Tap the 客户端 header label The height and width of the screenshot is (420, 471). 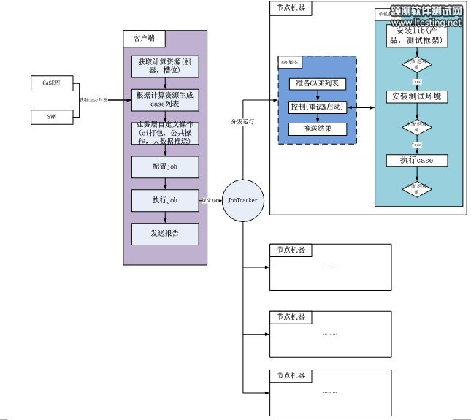click(x=134, y=38)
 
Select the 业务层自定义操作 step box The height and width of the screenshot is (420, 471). click(x=165, y=134)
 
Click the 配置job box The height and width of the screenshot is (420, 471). click(x=165, y=167)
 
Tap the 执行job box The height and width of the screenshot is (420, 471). click(x=165, y=199)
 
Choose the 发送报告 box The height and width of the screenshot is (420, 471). click(x=165, y=233)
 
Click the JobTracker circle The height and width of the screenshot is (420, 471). click(x=242, y=199)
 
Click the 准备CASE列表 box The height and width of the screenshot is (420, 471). click(x=318, y=83)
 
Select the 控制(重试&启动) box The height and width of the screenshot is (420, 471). click(x=318, y=107)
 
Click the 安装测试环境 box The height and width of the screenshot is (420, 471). click(x=417, y=96)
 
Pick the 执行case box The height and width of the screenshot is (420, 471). click(x=417, y=160)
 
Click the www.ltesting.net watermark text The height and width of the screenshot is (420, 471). click(x=431, y=23)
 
